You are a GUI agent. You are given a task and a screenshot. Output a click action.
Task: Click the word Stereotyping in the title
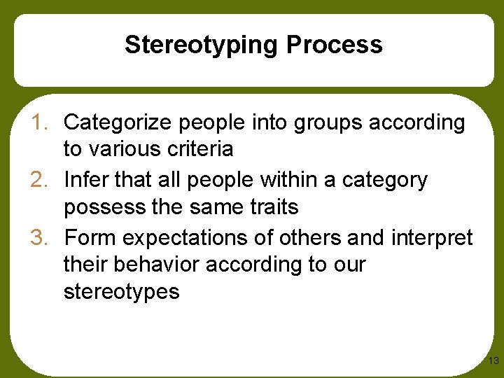pyautogui.click(x=202, y=45)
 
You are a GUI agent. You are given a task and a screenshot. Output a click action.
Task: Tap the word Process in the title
pyautogui.click(x=335, y=45)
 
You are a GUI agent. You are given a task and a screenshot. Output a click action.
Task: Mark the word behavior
pyautogui.click(x=158, y=265)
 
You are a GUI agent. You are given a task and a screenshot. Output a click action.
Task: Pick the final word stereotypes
pyautogui.click(x=122, y=292)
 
